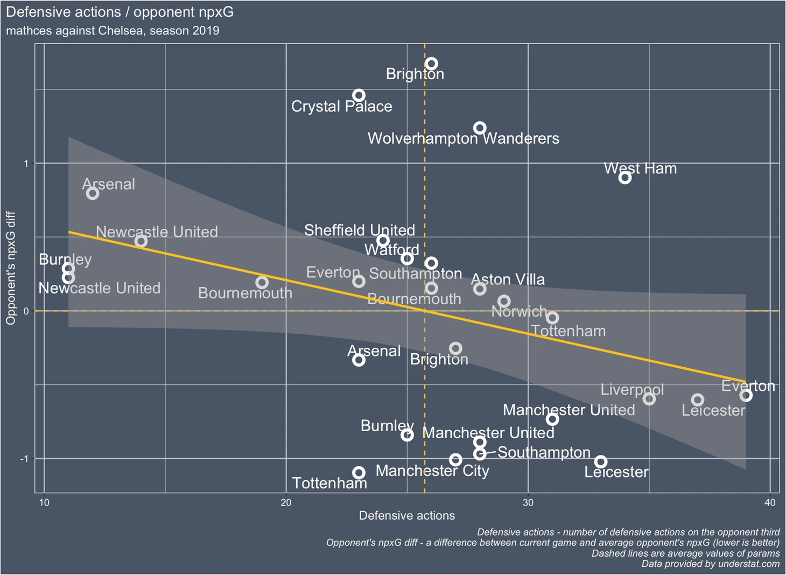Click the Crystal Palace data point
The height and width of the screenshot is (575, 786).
[x=359, y=96]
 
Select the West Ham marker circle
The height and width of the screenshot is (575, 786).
[x=624, y=178]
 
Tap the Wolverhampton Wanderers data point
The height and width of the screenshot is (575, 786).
[x=480, y=128]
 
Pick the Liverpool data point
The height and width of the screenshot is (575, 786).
[x=649, y=399]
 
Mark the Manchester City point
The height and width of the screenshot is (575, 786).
[x=455, y=460]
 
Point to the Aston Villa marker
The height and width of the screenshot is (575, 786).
[x=480, y=289]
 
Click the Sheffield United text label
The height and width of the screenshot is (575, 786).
[x=359, y=230]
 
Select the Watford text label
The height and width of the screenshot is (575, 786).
[x=391, y=250]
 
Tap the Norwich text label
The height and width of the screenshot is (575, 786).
[x=519, y=312]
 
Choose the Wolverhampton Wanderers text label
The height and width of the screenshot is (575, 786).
[x=463, y=139]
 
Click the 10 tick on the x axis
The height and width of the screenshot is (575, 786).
[x=44, y=503]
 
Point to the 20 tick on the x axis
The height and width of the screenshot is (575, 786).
[x=286, y=503]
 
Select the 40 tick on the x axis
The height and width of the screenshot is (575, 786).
[x=770, y=503]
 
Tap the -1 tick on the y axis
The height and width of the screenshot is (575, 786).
[x=24, y=459]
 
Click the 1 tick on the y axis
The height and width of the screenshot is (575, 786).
[x=26, y=164]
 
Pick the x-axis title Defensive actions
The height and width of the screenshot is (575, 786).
[x=406, y=516]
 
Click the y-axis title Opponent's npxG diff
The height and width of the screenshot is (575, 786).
[x=11, y=268]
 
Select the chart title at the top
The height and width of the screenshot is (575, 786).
[x=120, y=12]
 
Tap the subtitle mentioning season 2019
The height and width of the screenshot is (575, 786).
[x=113, y=31]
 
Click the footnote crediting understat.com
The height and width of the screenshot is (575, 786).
[x=710, y=564]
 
